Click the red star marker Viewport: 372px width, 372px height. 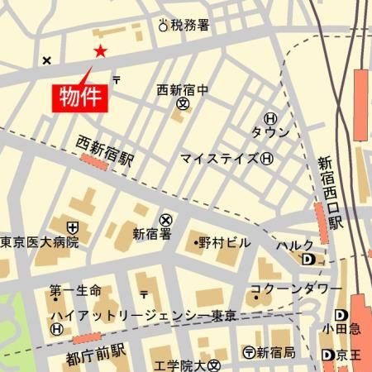(100, 51)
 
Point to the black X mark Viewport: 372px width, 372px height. (47, 60)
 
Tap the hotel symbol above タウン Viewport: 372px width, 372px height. (270, 119)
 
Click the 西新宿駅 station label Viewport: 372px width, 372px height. (105, 150)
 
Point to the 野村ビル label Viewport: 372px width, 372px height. (222, 242)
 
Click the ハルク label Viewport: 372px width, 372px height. (295, 246)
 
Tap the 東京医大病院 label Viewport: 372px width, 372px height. (40, 242)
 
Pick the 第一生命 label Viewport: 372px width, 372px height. (75, 290)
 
